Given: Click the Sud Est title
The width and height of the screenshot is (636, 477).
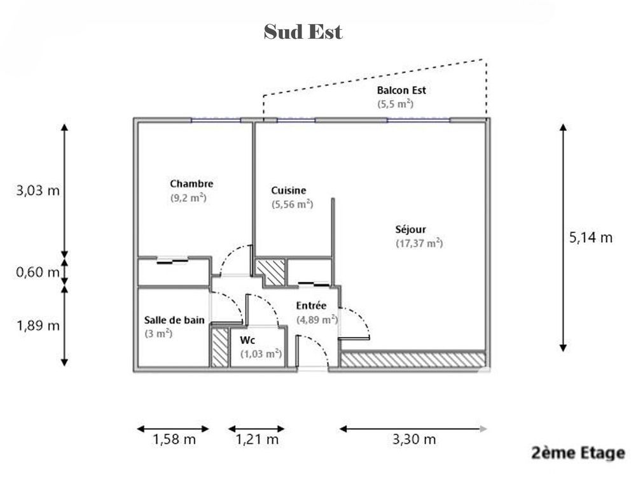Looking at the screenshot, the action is tap(303, 32).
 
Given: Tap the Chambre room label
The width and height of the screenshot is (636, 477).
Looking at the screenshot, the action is tap(191, 183).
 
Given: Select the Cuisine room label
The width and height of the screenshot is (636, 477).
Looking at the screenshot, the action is tap(288, 190).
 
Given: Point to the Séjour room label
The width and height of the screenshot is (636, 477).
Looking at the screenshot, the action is tap(410, 229).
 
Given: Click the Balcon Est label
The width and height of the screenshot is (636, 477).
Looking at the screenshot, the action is tap(401, 90).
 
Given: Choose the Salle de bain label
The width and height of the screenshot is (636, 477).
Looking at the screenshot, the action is tap(174, 320).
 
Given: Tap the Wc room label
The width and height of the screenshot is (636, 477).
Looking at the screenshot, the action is tap(247, 339).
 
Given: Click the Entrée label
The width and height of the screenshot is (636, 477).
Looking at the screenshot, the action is tap(311, 306).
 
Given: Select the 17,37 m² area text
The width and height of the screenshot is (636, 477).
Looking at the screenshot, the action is tap(419, 243).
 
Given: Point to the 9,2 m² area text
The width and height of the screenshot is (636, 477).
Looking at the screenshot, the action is tap(188, 198).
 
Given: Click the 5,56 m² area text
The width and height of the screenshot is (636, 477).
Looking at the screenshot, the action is tap(292, 204).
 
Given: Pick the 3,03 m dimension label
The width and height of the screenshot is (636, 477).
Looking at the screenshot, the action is tap(38, 190).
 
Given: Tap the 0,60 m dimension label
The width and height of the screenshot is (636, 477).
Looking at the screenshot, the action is tap(38, 272).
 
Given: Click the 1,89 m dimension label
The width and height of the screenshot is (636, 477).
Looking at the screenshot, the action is tap(38, 325).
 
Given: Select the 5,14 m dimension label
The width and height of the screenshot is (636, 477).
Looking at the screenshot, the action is tap(591, 238).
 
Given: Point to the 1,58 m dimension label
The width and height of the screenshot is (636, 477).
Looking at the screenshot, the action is tap(174, 439).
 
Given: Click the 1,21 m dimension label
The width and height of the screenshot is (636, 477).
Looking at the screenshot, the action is tap(257, 439).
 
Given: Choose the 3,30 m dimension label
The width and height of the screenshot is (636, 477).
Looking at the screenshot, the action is tap(414, 439).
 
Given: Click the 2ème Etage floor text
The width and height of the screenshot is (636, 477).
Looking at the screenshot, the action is tap(578, 453).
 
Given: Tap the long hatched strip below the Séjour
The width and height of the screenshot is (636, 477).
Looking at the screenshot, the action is tap(413, 360).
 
